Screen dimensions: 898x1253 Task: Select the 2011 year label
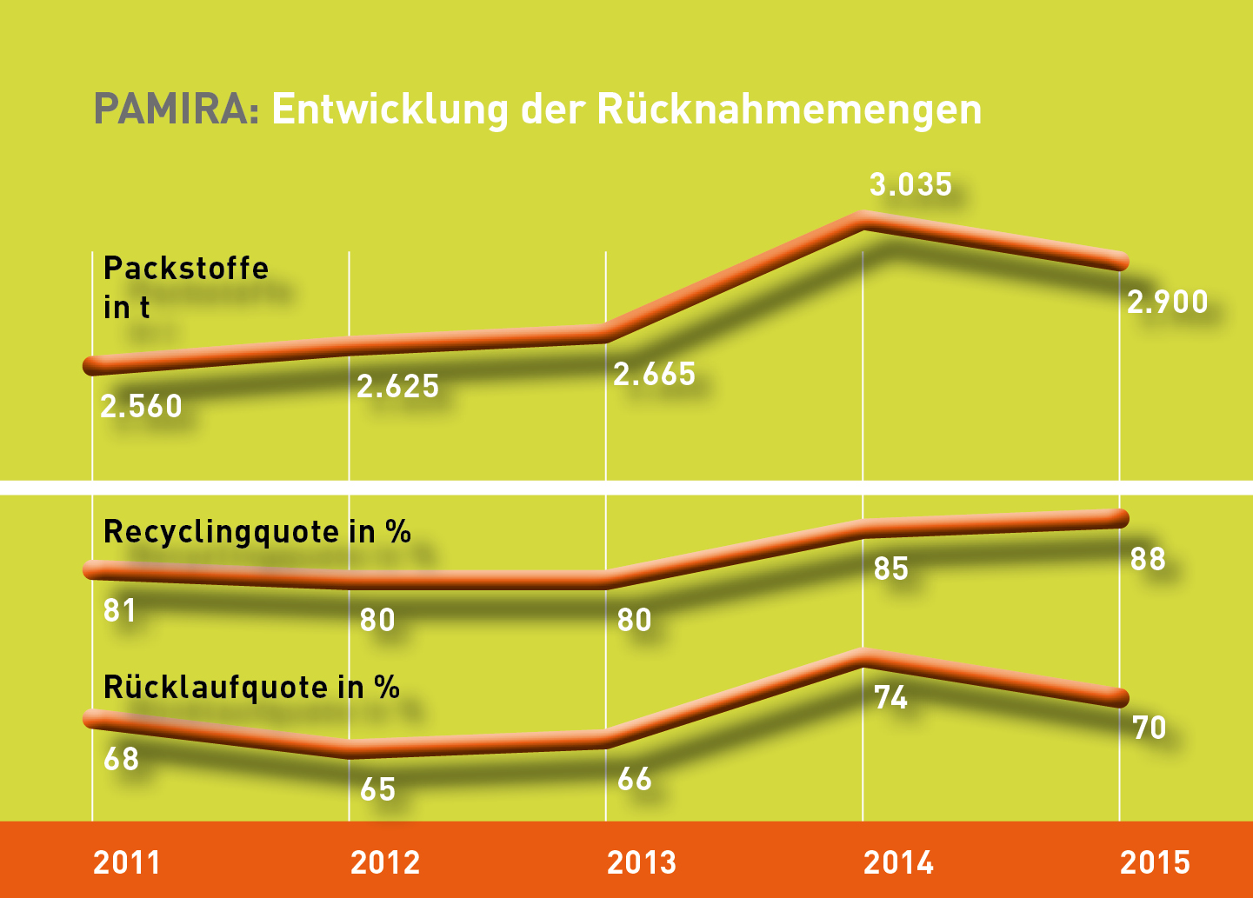pyautogui.click(x=127, y=862)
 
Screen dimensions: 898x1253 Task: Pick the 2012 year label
pyautogui.click(x=385, y=862)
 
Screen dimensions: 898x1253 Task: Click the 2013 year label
pyautogui.click(x=642, y=862)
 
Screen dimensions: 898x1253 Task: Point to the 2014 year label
pyautogui.click(x=898, y=862)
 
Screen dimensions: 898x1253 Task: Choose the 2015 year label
pyautogui.click(x=1155, y=862)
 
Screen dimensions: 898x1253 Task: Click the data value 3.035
pyautogui.click(x=910, y=184)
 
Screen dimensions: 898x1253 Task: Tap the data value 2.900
pyautogui.click(x=1167, y=302)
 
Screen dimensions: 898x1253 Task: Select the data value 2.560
pyautogui.click(x=141, y=406)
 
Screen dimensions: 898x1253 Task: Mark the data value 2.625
pyautogui.click(x=397, y=386)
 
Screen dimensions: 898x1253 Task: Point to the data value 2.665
pyautogui.click(x=654, y=374)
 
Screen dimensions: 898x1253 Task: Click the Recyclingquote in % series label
pyautogui.click(x=257, y=531)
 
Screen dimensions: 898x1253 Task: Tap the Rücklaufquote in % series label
pyautogui.click(x=251, y=687)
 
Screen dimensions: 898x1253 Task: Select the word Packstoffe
pyautogui.click(x=186, y=268)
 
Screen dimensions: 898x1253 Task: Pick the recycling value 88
pyautogui.click(x=1148, y=558)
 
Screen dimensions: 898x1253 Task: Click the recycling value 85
pyautogui.click(x=891, y=569)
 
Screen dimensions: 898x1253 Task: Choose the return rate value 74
pyautogui.click(x=891, y=697)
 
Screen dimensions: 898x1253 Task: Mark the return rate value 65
pyautogui.click(x=377, y=789)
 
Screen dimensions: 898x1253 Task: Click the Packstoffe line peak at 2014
pyautogui.click(x=863, y=220)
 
